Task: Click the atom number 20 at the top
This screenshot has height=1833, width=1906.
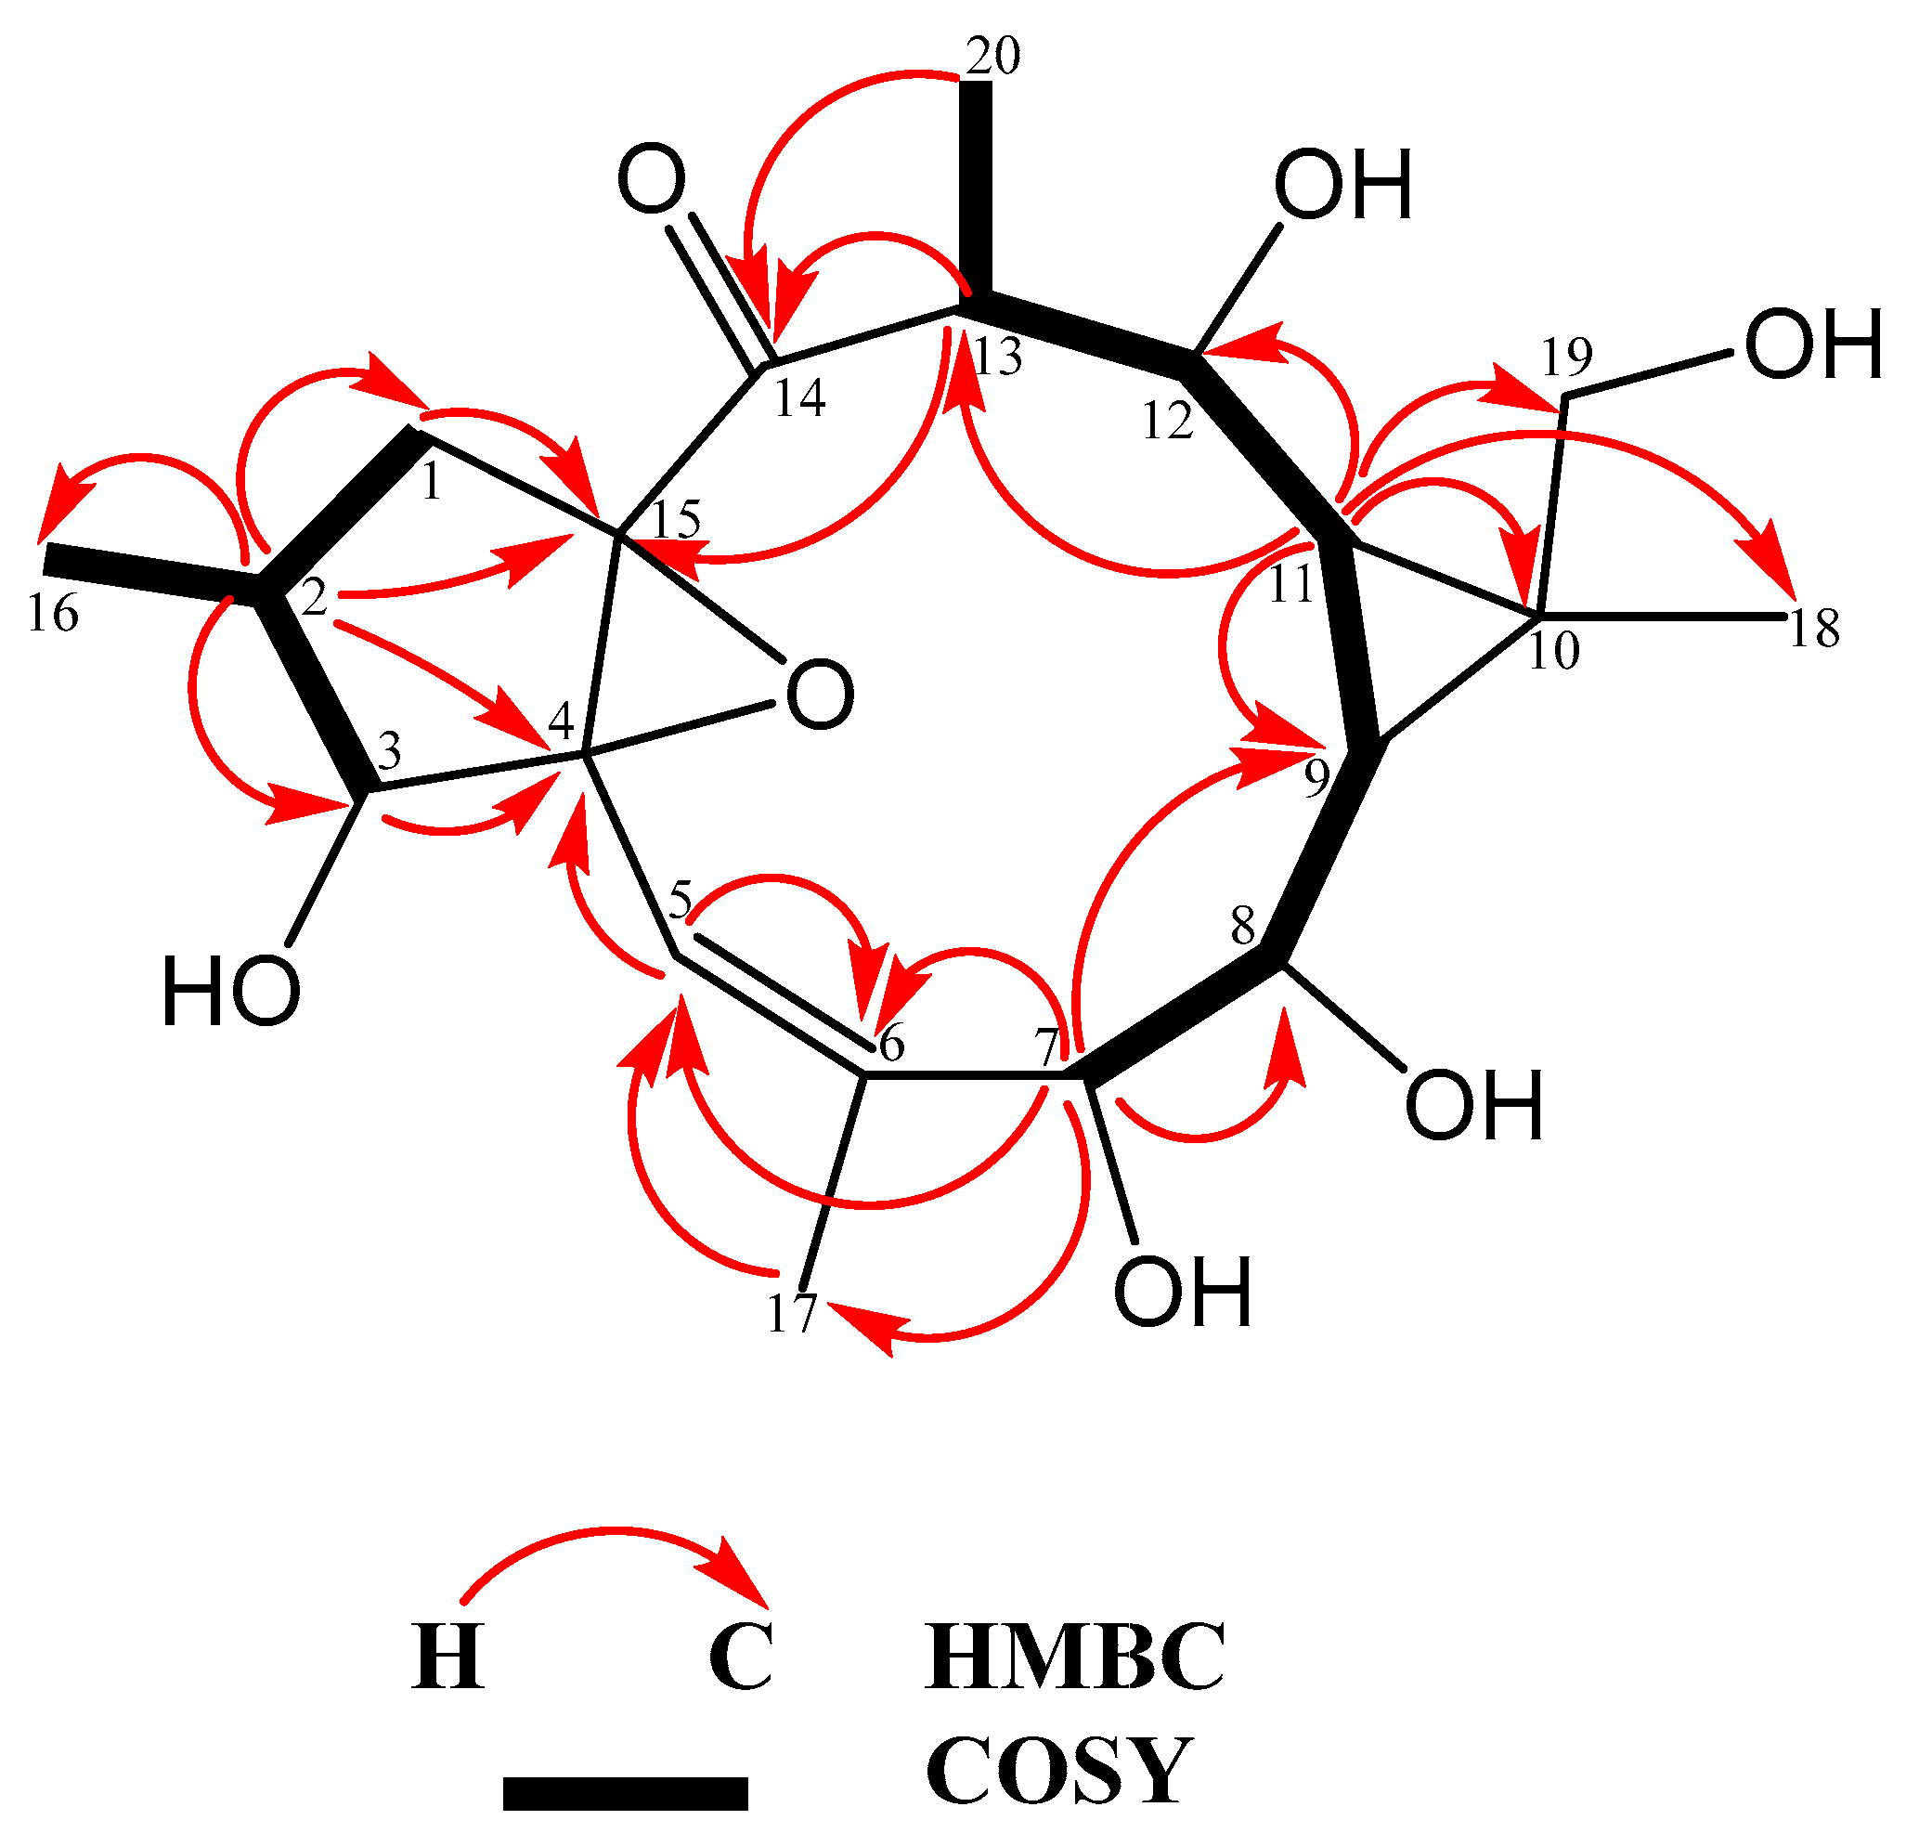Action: [992, 57]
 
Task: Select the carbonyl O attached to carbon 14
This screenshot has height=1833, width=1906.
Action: [653, 180]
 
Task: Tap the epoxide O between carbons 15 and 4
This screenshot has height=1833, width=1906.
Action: [820, 695]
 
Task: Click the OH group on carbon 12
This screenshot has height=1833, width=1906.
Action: [1342, 186]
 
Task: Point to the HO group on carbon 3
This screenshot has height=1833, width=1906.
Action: [231, 991]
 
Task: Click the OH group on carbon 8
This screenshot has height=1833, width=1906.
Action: [1474, 1106]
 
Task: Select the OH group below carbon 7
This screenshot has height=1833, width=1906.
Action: [1183, 1291]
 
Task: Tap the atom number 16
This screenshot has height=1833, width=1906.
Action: [53, 615]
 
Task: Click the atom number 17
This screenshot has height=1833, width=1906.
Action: [793, 1315]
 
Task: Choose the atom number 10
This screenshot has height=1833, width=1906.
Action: [1553, 651]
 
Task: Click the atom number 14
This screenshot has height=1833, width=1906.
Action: [799, 397]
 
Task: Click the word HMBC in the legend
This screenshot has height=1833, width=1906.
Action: [1074, 1657]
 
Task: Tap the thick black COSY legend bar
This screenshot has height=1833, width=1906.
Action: [626, 1793]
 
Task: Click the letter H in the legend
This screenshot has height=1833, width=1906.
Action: [447, 1657]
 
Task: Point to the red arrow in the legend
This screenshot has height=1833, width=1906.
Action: [613, 1556]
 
